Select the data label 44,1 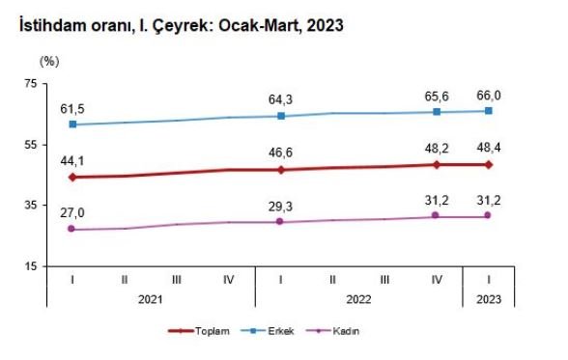pos(74,159)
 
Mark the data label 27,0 pos(74,211)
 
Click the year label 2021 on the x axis pos(151,299)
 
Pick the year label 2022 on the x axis pos(359,299)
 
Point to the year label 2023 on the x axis pos(488,299)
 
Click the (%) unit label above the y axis pos(50,60)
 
